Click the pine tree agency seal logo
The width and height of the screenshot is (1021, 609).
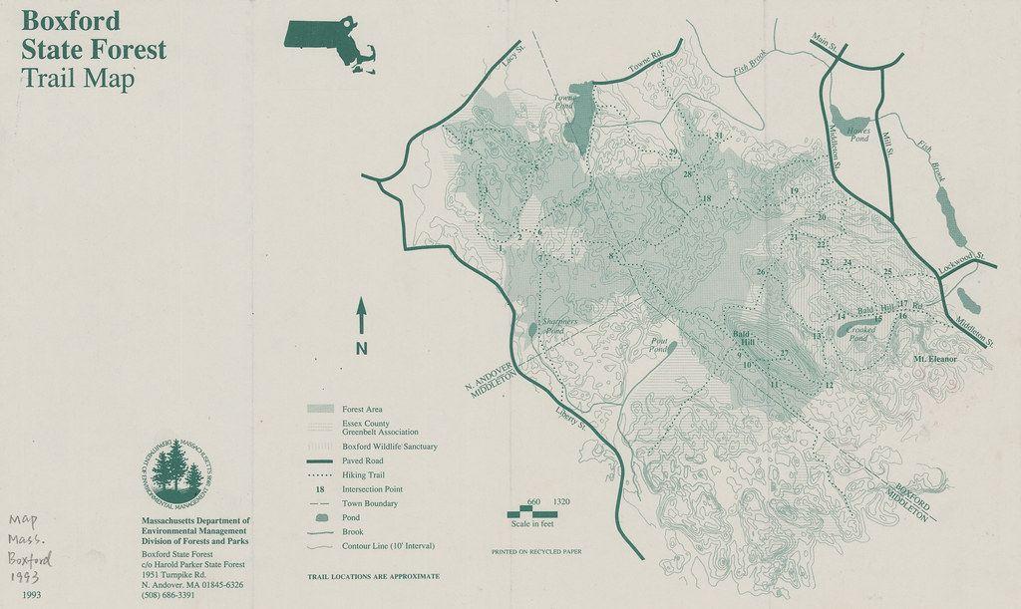[x=177, y=471]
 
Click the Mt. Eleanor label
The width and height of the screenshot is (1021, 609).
[x=934, y=358]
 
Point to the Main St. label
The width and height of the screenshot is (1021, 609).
[x=826, y=44]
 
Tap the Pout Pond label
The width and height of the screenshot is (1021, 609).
[x=659, y=344]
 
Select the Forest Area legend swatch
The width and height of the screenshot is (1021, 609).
[x=319, y=409]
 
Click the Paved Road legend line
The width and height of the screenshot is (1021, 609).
[x=319, y=461]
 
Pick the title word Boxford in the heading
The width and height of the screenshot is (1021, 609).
[x=70, y=20]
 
